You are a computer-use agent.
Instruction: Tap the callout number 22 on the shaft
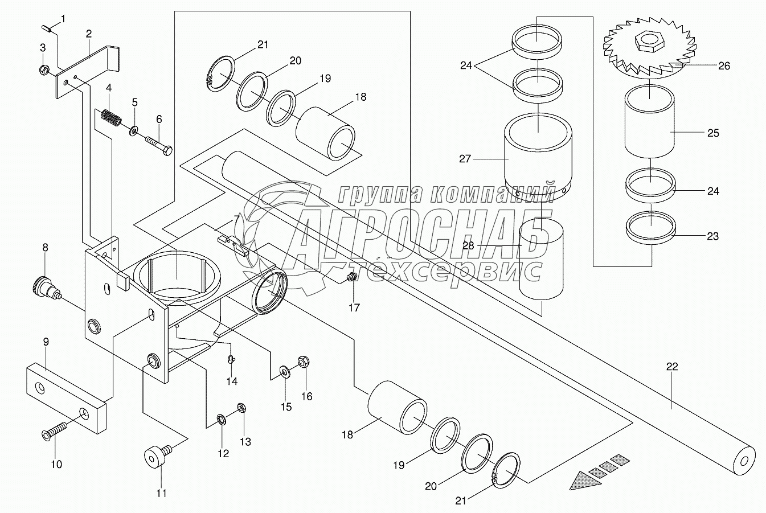point(672,367)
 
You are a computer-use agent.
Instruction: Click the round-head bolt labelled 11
point(154,457)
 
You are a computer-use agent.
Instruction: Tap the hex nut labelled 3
point(44,71)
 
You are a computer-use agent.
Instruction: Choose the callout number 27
point(465,159)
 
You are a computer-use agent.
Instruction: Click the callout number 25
point(713,133)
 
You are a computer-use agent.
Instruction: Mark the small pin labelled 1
point(47,27)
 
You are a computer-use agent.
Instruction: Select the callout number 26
point(723,66)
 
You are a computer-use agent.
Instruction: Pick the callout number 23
point(712,236)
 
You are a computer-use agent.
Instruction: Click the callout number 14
point(232,381)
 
